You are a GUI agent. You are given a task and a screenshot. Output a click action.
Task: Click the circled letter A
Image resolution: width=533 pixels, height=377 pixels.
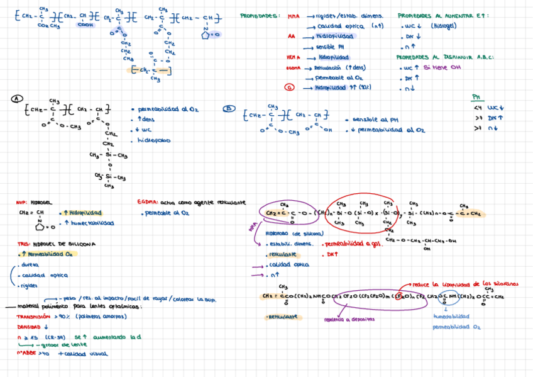17,99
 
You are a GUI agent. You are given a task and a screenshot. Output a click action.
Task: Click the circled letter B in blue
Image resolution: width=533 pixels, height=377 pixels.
228,108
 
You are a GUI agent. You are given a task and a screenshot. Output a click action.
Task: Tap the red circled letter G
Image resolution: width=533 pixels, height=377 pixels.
289,88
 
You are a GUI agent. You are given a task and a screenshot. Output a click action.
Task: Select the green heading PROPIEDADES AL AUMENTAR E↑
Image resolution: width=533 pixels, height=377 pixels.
443,16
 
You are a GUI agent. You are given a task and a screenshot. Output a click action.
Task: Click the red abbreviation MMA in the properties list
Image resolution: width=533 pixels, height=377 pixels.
294,16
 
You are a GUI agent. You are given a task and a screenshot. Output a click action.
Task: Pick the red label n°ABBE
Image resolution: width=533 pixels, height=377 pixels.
26,354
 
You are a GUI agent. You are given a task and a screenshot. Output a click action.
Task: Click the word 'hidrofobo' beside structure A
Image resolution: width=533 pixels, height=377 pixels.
153,140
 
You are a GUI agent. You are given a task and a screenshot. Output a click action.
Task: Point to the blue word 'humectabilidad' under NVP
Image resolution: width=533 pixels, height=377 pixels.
94,223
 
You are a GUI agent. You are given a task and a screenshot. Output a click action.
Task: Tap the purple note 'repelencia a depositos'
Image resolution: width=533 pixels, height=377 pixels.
345,319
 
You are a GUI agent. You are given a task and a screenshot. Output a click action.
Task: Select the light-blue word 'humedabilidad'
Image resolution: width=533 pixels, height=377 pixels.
451,317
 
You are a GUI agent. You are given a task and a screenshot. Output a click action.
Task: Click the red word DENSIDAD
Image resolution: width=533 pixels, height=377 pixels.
29,327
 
